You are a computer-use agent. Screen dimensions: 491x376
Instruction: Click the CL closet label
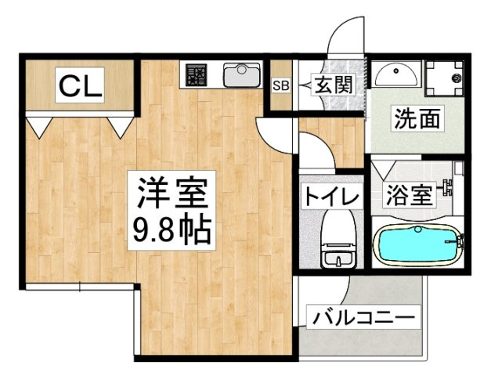tap(79, 85)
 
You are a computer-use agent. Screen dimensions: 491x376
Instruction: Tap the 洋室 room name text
tap(172, 192)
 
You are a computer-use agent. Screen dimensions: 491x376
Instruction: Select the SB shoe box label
tap(280, 85)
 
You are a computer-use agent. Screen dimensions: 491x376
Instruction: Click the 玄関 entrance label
tap(333, 85)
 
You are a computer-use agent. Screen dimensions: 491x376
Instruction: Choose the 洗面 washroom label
tap(417, 118)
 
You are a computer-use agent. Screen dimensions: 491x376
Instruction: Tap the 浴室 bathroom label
tap(410, 194)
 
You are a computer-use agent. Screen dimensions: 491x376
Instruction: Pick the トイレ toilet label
tap(331, 197)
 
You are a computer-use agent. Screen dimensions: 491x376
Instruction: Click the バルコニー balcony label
tap(363, 318)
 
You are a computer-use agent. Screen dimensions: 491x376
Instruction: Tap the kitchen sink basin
tap(241, 75)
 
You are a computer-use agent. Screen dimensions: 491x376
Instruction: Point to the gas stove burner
tap(196, 75)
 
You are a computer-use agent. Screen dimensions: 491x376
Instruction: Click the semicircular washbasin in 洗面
tap(396, 74)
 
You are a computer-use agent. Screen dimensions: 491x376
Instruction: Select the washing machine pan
tap(444, 78)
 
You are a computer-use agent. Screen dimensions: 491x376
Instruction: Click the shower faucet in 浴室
tap(447, 187)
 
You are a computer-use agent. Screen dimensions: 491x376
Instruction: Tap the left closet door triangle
tap(39, 127)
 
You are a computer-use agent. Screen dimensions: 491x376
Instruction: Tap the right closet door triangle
tap(121, 127)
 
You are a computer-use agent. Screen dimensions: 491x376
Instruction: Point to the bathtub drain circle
tap(417, 230)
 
